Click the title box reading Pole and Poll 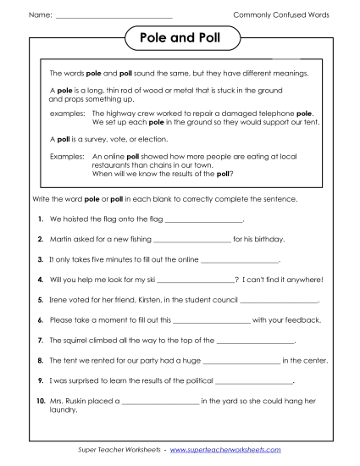[180, 38]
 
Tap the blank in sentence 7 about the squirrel [256, 341]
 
